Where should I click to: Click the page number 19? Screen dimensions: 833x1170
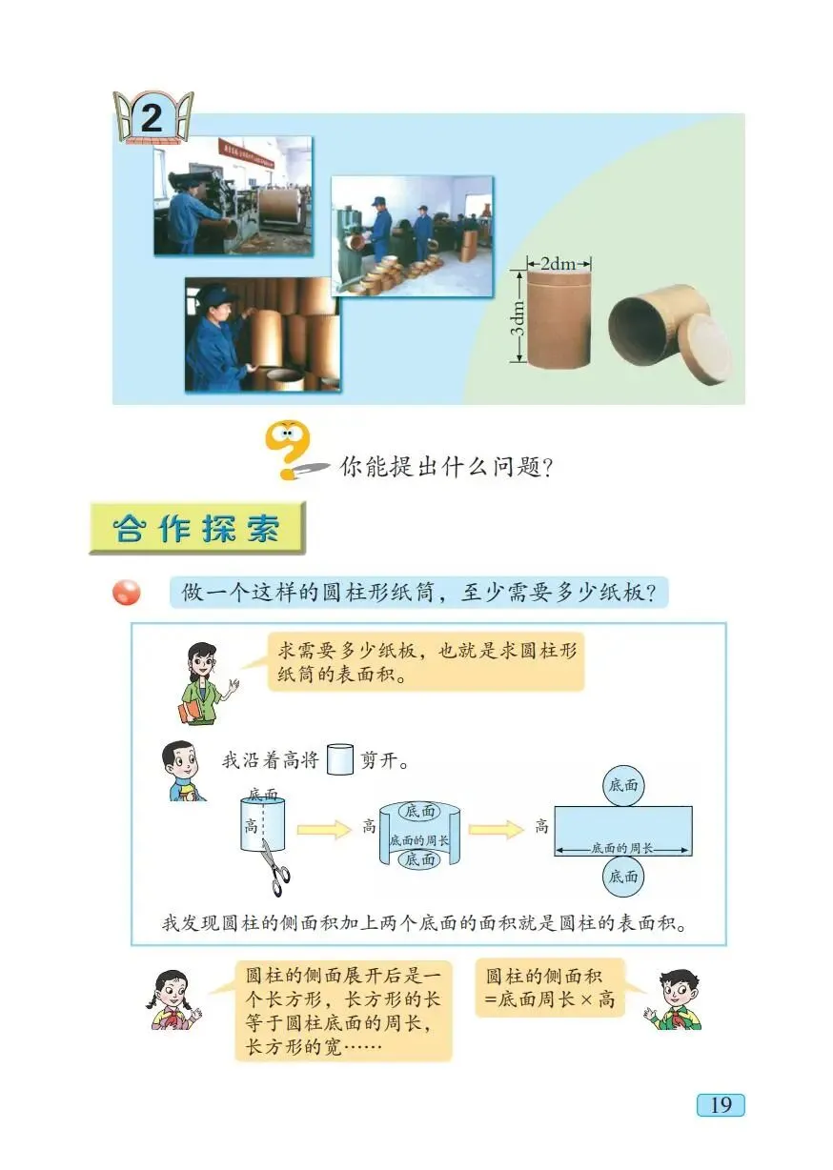click(721, 1104)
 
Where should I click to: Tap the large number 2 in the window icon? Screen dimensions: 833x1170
click(152, 119)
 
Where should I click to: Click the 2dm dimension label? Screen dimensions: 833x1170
click(559, 263)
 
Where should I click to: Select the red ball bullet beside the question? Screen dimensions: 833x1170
click(126, 593)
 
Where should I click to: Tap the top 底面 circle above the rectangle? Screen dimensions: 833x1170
click(623, 787)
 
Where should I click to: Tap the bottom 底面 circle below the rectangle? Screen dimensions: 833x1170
click(623, 876)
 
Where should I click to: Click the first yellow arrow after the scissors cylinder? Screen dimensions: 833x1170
click(324, 830)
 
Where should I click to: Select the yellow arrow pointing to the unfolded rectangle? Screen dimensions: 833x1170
click(497, 829)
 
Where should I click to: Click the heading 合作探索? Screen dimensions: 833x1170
click(197, 530)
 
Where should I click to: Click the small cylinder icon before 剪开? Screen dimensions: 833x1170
click(339, 760)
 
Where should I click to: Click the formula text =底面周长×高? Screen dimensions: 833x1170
click(551, 1001)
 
